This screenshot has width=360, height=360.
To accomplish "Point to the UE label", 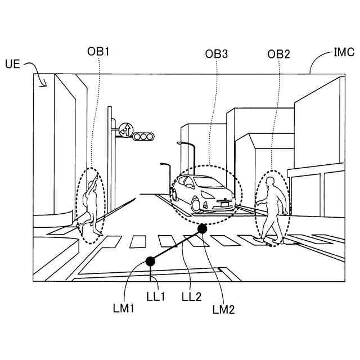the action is pyautogui.click(x=12, y=64).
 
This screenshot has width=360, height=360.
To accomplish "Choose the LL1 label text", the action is pyautogui.click(x=155, y=296).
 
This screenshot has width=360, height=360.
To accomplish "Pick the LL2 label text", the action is pyautogui.click(x=191, y=296).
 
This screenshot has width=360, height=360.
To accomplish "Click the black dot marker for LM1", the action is pyautogui.click(x=150, y=260).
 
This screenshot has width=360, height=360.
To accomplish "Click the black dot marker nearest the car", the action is pyautogui.click(x=202, y=229).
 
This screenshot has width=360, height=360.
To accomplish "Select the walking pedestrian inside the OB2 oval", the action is pyautogui.click(x=272, y=209).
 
